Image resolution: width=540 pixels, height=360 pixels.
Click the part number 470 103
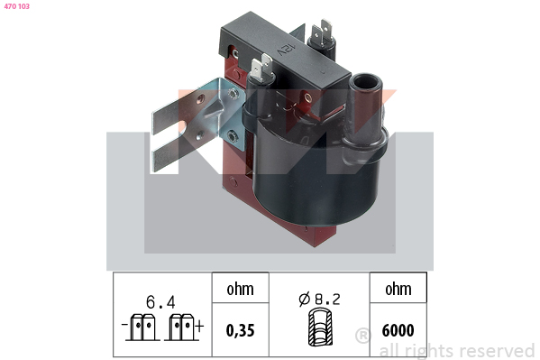(x=16, y=6)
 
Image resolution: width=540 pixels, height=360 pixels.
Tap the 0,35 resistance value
(x=240, y=330)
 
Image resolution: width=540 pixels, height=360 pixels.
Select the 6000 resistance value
(x=398, y=330)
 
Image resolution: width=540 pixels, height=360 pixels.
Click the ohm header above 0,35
(x=240, y=289)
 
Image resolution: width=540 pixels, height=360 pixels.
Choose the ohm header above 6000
(x=398, y=289)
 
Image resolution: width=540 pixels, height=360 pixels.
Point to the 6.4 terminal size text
(x=160, y=302)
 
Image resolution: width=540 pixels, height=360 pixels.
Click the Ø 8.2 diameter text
(x=319, y=299)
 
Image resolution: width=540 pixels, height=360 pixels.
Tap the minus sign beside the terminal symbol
(x=124, y=325)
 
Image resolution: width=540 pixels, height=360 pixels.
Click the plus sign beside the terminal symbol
(x=200, y=325)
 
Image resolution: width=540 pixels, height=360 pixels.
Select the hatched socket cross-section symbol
(x=320, y=328)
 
